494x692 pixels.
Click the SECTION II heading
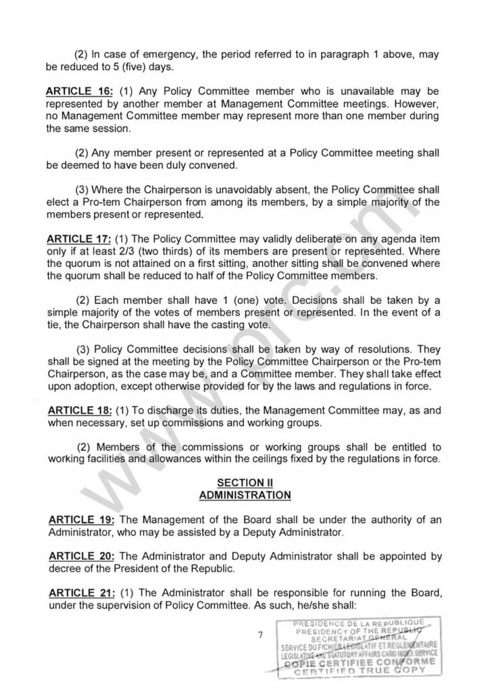point(245,483)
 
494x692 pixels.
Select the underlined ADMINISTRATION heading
point(245,495)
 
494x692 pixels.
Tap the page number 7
point(260,635)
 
